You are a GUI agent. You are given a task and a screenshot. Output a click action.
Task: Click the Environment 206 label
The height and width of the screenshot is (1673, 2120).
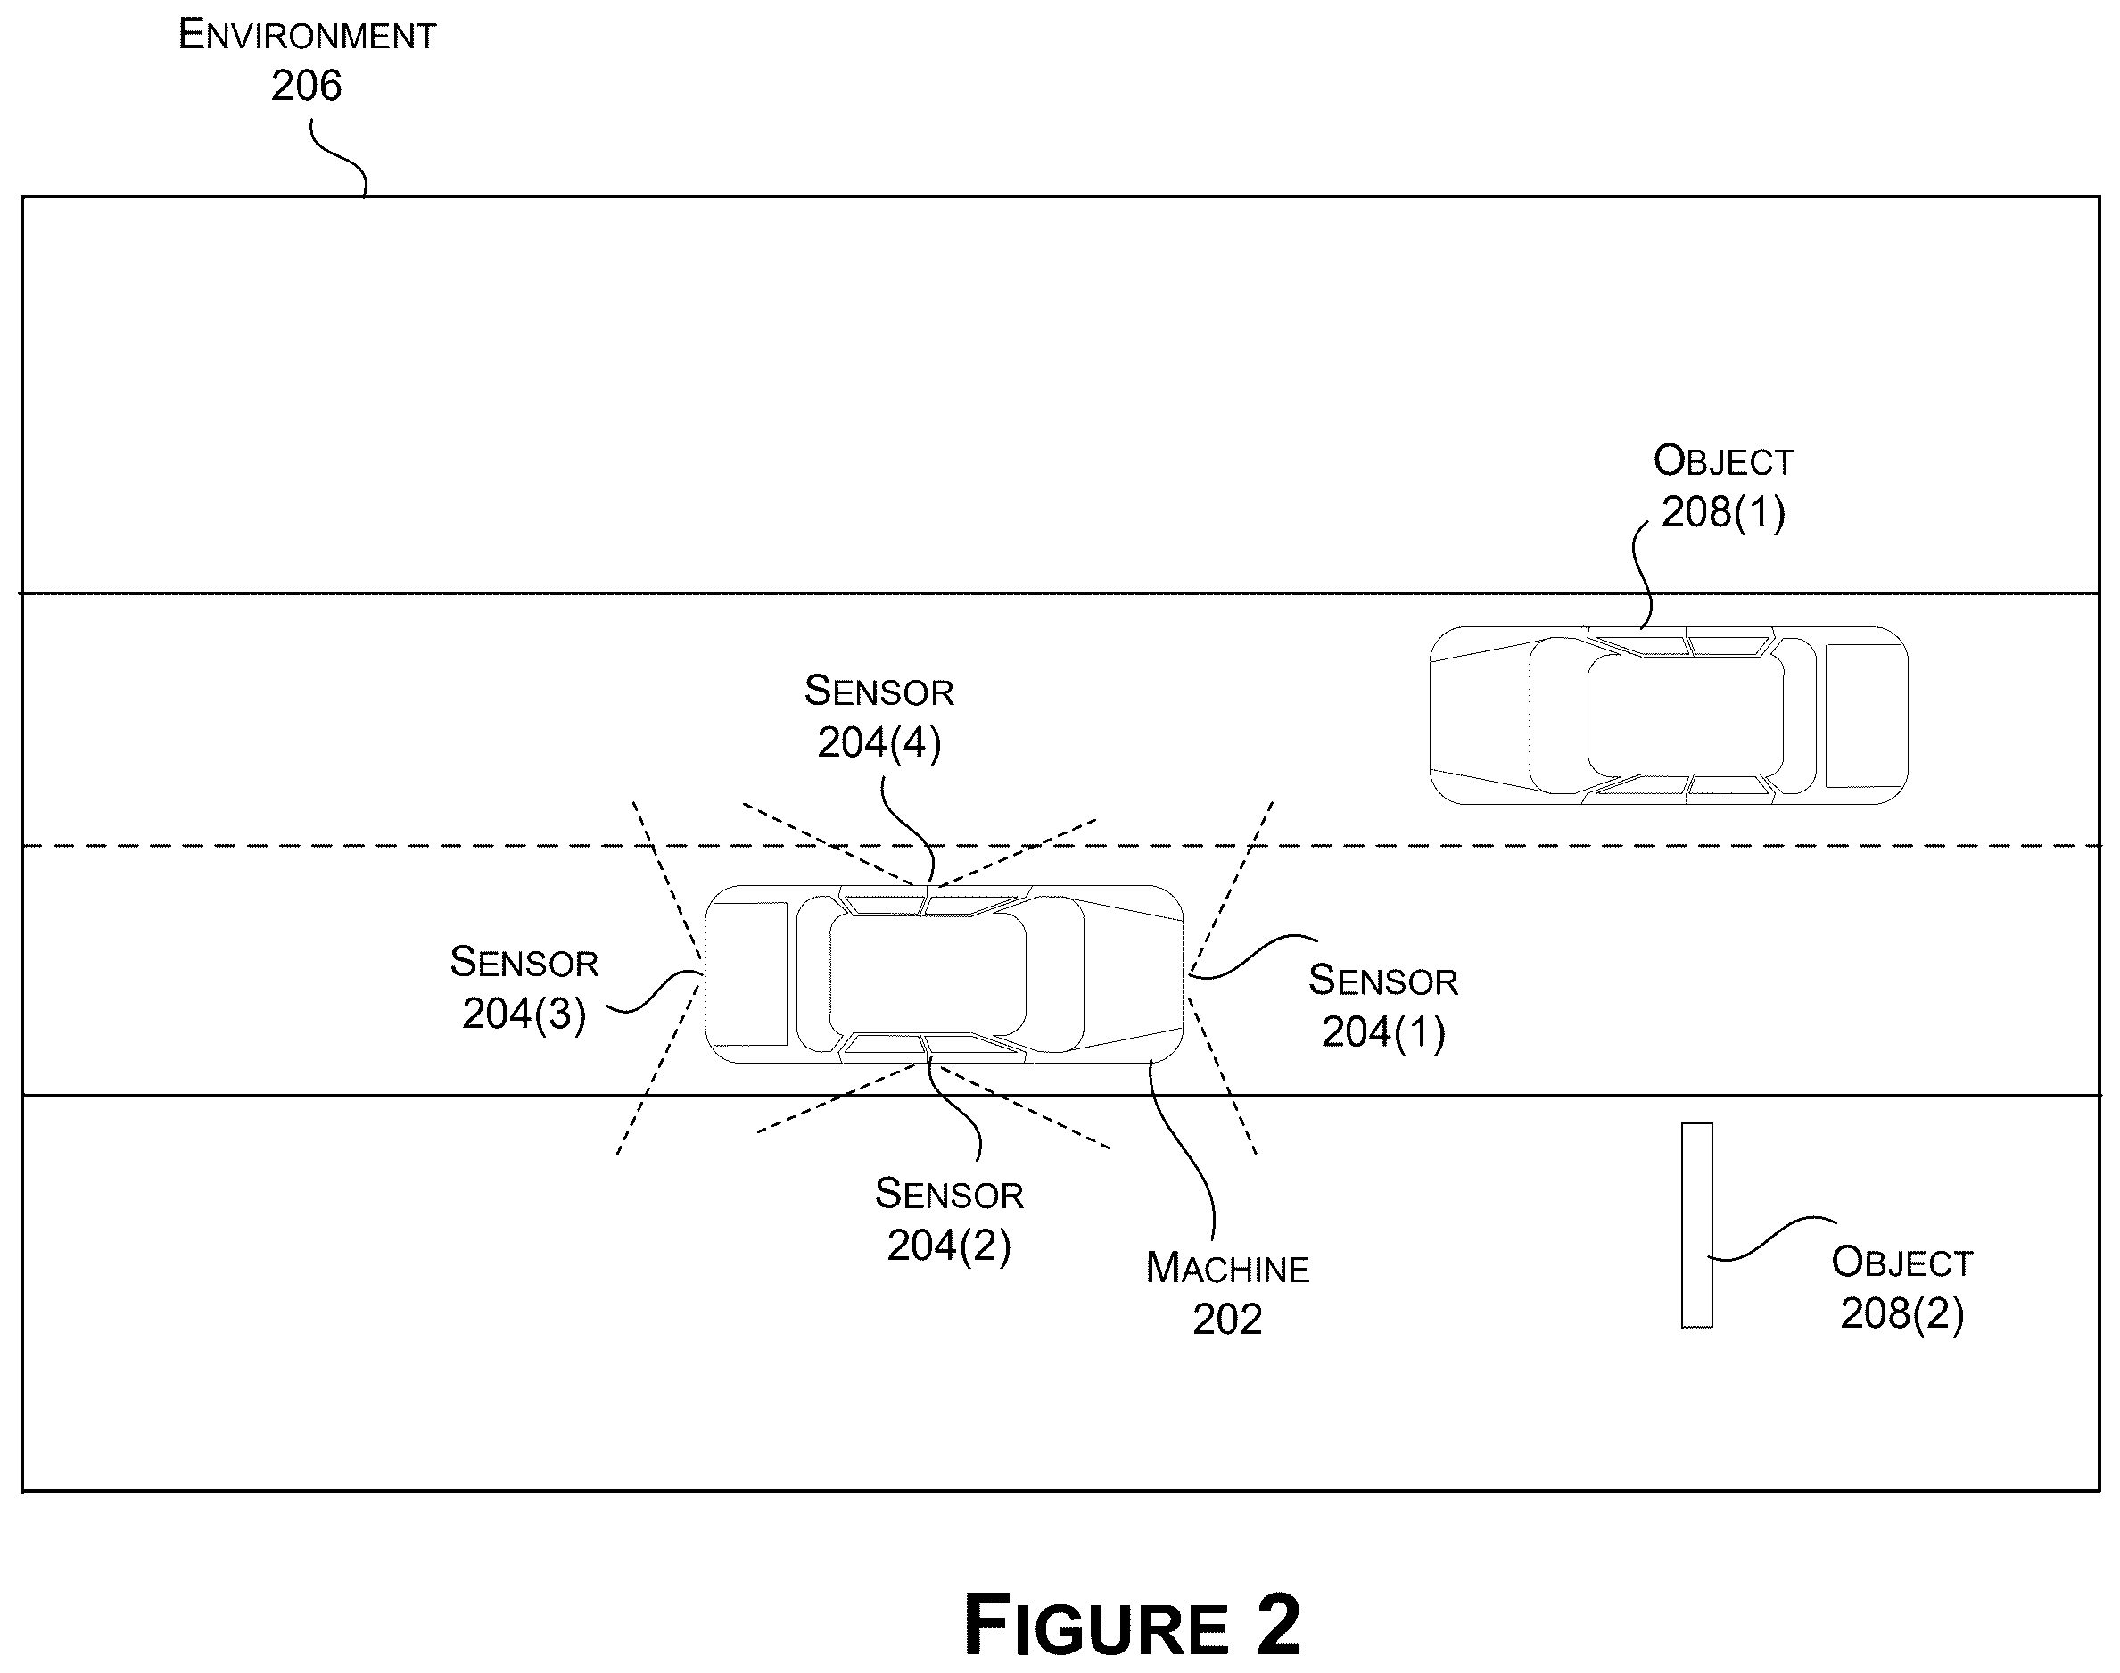[x=307, y=61]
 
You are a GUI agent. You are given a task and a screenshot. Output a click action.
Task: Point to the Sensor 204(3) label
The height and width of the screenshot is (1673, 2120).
[x=524, y=989]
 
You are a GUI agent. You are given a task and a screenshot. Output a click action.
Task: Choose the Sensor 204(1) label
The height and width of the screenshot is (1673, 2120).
[x=1383, y=1006]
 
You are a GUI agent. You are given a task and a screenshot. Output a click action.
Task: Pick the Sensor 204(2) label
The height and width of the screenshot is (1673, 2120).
[x=949, y=1220]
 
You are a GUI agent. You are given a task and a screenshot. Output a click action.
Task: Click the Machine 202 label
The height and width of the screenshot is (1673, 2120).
[x=1227, y=1294]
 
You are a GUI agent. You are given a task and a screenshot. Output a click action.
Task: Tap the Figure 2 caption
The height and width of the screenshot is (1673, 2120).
[x=1132, y=1624]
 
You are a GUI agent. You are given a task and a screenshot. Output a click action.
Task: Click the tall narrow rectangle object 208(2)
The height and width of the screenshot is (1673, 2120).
[x=1697, y=1225]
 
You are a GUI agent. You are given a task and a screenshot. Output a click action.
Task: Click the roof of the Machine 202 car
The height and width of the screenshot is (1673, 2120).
[x=928, y=974]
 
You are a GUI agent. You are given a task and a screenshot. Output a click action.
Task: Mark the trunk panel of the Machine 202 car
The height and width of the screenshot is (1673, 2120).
[x=747, y=974]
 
